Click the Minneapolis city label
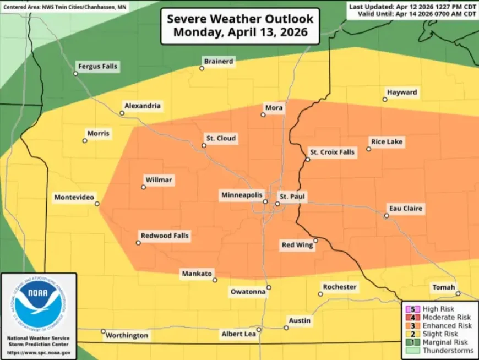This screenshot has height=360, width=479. click(x=242, y=195)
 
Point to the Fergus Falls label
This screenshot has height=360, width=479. click(x=98, y=66)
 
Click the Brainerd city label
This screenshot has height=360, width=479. click(x=218, y=61)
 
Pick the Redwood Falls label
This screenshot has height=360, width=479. click(x=165, y=236)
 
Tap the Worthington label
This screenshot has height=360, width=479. click(x=127, y=335)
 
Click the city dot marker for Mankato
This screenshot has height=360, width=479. click(x=215, y=280)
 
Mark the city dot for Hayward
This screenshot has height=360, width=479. click(x=385, y=100)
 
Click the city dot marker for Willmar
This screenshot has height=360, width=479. click(x=144, y=187)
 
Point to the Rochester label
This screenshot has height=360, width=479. click(x=339, y=287)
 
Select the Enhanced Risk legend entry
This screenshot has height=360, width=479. click(x=447, y=325)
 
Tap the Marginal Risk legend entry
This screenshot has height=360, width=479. click(x=445, y=342)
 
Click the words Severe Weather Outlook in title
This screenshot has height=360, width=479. click(x=240, y=19)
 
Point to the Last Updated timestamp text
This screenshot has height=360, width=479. click(x=412, y=6)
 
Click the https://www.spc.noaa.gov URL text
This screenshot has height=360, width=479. click(x=39, y=351)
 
